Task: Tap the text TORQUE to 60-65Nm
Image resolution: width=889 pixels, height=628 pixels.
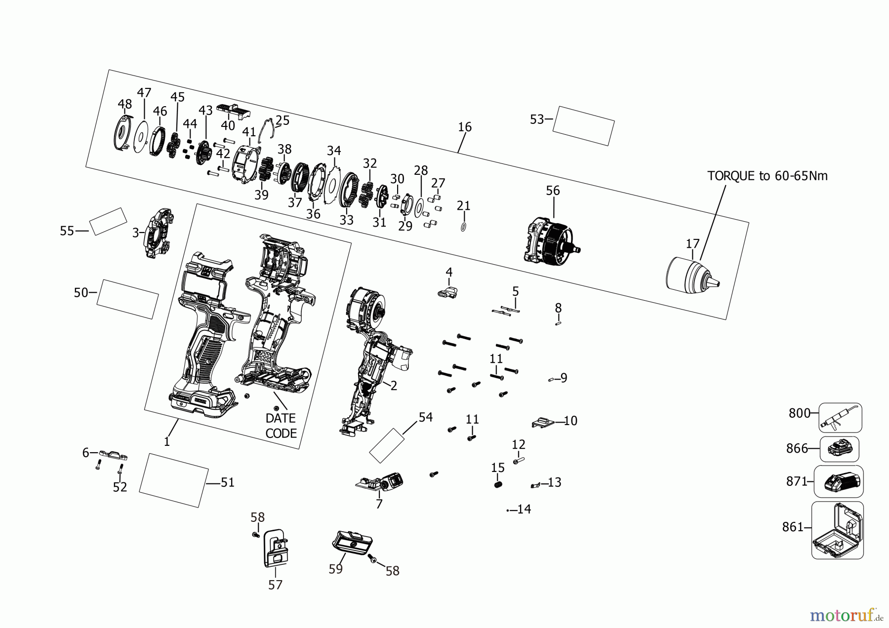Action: (767, 176)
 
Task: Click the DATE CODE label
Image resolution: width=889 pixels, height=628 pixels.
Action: (281, 426)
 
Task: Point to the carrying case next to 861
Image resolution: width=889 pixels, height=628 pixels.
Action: (838, 531)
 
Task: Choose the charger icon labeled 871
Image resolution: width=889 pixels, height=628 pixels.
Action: (839, 481)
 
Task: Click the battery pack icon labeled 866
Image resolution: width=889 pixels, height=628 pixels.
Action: (839, 449)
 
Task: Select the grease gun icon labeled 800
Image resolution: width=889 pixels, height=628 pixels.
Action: (840, 418)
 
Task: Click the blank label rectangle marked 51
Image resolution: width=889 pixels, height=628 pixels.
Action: (173, 480)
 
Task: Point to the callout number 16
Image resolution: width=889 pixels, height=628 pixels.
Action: (464, 127)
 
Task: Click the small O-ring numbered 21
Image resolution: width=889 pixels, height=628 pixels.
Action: (463, 227)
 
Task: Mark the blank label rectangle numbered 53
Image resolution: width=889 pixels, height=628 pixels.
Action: (583, 125)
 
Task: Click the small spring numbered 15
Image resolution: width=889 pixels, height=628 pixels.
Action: (498, 485)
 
